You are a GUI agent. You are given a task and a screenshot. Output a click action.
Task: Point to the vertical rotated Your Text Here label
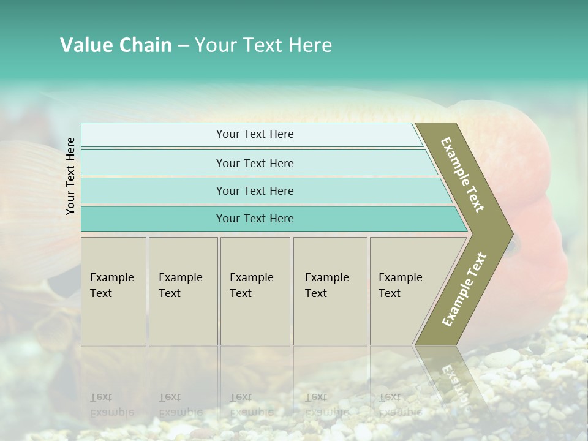pyautogui.click(x=70, y=176)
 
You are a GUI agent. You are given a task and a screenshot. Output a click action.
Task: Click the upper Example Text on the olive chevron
pyautogui.click(x=463, y=175)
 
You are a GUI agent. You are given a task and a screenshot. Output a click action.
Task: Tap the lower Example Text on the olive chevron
pyautogui.click(x=464, y=289)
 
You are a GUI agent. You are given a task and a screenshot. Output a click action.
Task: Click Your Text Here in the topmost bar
pyautogui.click(x=255, y=134)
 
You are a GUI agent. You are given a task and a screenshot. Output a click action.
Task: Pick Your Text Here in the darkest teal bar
pyautogui.click(x=255, y=219)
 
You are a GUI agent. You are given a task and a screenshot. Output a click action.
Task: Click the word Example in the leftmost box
pyautogui.click(x=111, y=277)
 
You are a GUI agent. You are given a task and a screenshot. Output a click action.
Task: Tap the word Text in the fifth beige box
pyautogui.click(x=390, y=293)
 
